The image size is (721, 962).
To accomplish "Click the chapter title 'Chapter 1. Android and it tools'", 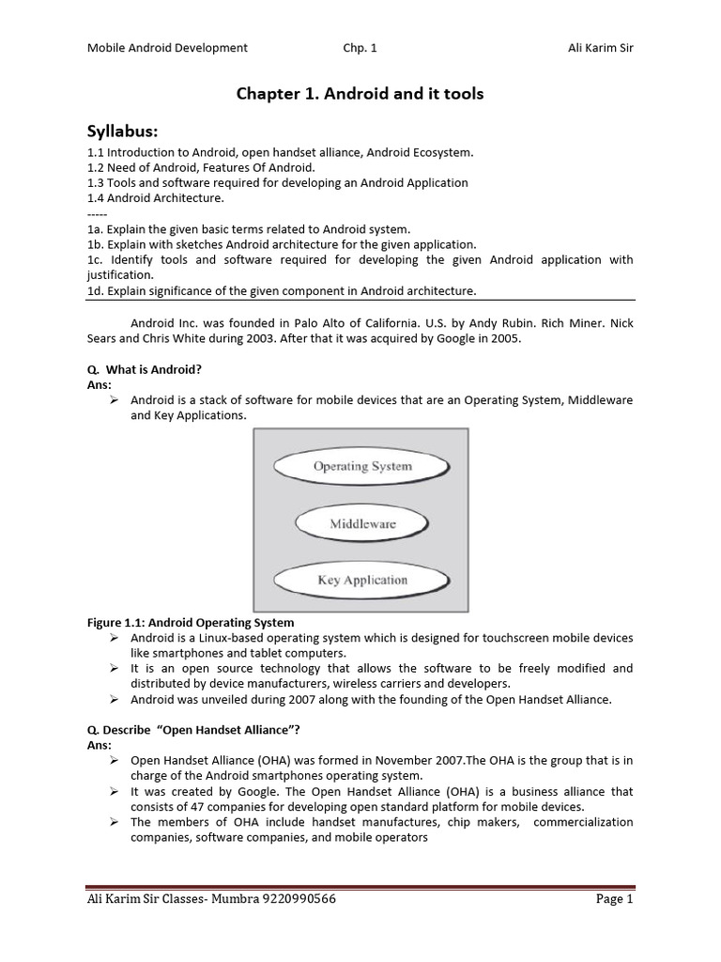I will pos(360,94).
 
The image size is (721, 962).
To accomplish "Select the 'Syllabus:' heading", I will pos(125,131).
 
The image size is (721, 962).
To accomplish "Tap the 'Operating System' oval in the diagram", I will pos(361,466).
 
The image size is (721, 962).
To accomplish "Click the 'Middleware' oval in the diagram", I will pos(362,523).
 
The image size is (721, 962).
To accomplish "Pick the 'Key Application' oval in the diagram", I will pos(362,580).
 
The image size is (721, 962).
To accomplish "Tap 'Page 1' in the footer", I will pos(615,899).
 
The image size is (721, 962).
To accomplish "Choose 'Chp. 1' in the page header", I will pos(360,48).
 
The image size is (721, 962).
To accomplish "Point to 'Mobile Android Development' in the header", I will pos(167,48).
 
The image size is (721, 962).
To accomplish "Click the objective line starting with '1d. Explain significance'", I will pos(282,291).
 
